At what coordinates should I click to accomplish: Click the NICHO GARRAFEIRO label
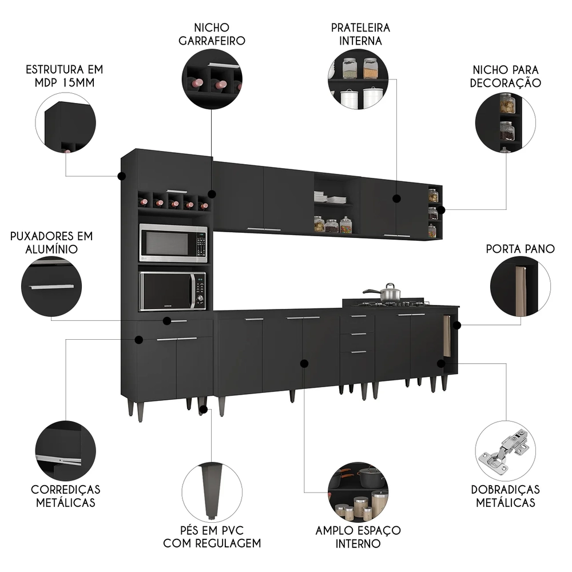click(x=212, y=34)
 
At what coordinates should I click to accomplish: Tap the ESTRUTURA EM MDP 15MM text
click(x=64, y=76)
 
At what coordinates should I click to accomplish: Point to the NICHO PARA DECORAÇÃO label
click(x=505, y=76)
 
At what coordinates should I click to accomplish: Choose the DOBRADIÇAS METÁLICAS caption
click(x=505, y=496)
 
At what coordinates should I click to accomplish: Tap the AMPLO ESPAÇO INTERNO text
click(x=358, y=536)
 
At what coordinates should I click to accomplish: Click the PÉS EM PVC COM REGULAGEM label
click(x=212, y=536)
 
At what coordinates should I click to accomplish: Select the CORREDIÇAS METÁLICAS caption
click(x=65, y=496)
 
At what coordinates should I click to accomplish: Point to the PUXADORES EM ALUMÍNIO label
click(x=51, y=243)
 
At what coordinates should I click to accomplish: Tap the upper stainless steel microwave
click(x=173, y=243)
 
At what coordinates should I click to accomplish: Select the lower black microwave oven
click(x=173, y=291)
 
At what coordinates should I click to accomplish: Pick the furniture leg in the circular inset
click(x=210, y=486)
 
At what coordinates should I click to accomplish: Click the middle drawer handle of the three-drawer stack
click(x=358, y=334)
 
